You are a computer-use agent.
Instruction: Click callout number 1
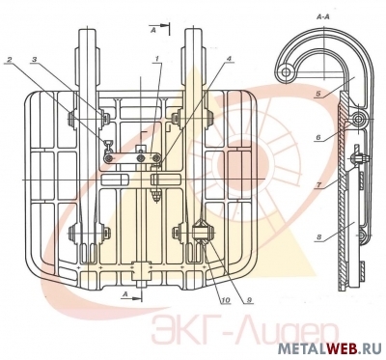(156, 59)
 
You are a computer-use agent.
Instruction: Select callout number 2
(10, 60)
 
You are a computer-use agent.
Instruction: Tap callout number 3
(35, 60)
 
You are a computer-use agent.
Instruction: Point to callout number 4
(229, 59)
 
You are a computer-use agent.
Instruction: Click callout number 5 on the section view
(317, 95)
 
